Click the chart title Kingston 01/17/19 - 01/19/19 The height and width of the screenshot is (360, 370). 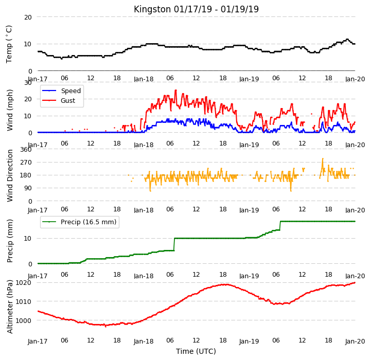click(x=196, y=9)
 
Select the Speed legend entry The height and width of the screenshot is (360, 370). click(x=61, y=91)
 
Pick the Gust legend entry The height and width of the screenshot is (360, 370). click(x=59, y=101)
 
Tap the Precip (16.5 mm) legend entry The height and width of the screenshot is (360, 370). click(x=80, y=222)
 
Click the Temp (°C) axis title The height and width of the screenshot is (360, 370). click(x=9, y=44)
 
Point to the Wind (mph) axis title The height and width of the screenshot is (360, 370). click(x=10, y=110)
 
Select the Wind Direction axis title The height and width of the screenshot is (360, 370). click(x=10, y=176)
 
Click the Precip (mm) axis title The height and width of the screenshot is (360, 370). click(x=10, y=241)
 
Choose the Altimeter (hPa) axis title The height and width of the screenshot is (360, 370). click(x=10, y=307)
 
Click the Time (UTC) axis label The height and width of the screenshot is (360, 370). click(x=196, y=351)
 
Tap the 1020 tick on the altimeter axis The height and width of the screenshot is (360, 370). click(x=23, y=283)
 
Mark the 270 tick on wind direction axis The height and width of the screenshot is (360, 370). click(x=26, y=163)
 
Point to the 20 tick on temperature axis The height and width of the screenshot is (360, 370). click(x=28, y=17)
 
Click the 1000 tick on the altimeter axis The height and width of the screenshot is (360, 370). click(x=23, y=320)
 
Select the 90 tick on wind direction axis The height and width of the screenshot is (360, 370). click(x=28, y=188)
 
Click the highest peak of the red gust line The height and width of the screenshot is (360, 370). click(x=175, y=90)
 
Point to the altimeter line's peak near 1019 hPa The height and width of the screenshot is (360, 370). click(x=225, y=284)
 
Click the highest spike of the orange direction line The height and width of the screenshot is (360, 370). click(x=323, y=158)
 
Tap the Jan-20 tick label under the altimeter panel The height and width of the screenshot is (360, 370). click(x=355, y=341)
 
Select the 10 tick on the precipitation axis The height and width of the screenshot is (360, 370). click(x=28, y=238)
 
